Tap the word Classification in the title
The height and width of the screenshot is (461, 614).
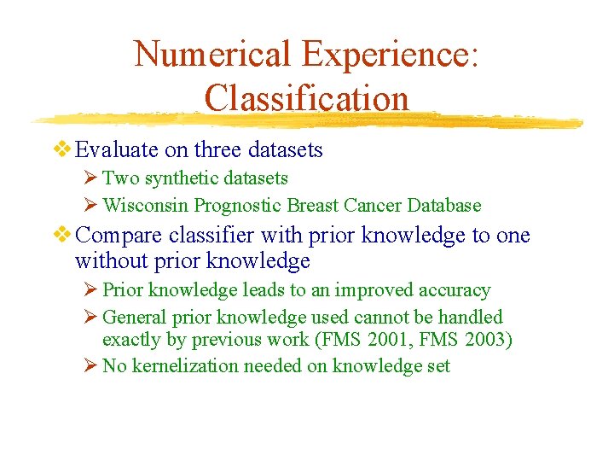(307, 97)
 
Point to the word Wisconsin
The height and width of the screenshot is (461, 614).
(146, 206)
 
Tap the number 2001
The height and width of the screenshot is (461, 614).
(381, 340)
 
